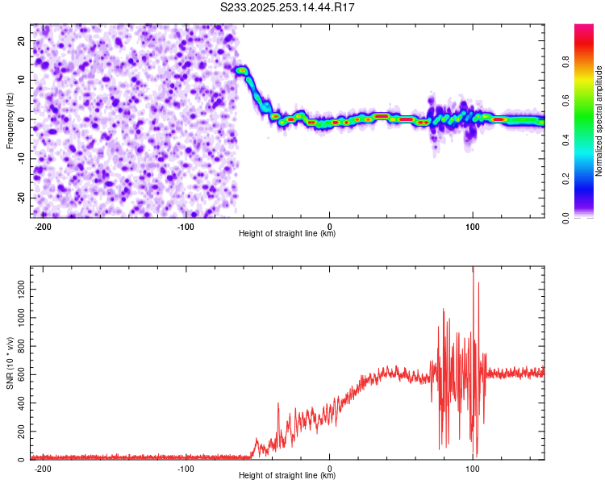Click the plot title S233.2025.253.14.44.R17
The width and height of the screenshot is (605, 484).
click(288, 7)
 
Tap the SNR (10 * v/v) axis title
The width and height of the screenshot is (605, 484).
click(10, 363)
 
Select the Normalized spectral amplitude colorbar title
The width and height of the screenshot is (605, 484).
click(599, 121)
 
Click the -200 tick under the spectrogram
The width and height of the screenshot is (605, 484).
click(44, 225)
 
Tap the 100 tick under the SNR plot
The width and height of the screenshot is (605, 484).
click(472, 468)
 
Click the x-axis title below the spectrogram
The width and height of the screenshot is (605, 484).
click(287, 234)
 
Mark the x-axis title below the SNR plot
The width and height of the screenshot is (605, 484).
click(287, 476)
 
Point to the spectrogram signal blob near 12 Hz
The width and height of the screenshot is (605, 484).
click(241, 71)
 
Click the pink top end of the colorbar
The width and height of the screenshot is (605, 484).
click(583, 29)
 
